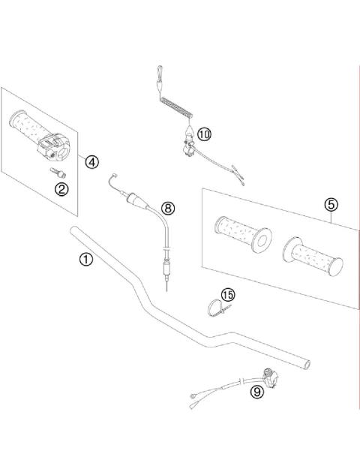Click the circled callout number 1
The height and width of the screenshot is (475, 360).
coord(86,260)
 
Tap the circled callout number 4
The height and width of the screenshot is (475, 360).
coord(91,161)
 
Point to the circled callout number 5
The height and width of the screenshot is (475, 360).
coord(331,204)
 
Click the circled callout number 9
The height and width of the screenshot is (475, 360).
coord(257,390)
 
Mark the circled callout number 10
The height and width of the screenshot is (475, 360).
coord(205,134)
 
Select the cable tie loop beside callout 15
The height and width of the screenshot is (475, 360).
coord(214,308)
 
